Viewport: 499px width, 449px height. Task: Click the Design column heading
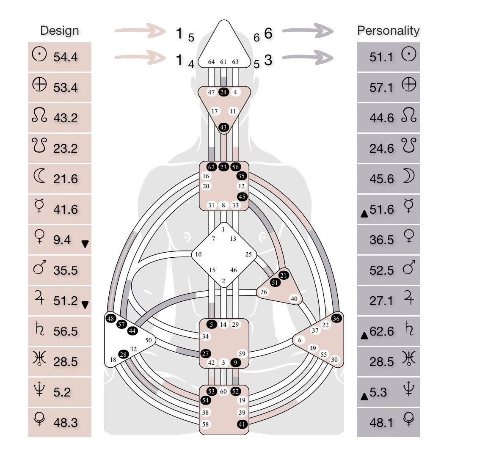[x=59, y=30]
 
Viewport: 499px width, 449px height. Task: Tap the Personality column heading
[x=388, y=30]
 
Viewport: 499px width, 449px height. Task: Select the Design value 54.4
[x=66, y=57]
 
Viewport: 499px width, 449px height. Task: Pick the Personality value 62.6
[x=381, y=331]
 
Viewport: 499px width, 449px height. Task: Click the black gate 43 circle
[x=223, y=127]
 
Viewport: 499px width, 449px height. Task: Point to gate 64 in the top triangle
[x=212, y=62]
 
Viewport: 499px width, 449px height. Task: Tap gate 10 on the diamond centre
[x=198, y=255]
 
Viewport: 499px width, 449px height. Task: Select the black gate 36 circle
[x=336, y=319]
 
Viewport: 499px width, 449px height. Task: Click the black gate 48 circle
[x=111, y=319]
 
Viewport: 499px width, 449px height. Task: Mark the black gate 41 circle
[x=242, y=424]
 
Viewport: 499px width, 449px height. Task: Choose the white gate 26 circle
[x=264, y=292]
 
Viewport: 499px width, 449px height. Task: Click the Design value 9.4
[x=62, y=240]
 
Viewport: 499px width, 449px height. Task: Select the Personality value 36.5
[x=381, y=240]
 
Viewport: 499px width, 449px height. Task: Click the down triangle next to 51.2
[x=85, y=304]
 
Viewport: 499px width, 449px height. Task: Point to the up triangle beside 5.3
[x=364, y=396]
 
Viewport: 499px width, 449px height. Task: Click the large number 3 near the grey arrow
[x=268, y=60]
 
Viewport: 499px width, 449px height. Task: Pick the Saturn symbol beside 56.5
[x=39, y=330]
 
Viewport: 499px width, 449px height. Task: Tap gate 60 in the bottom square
[x=223, y=391]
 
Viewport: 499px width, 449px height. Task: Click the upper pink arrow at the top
[x=139, y=31]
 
